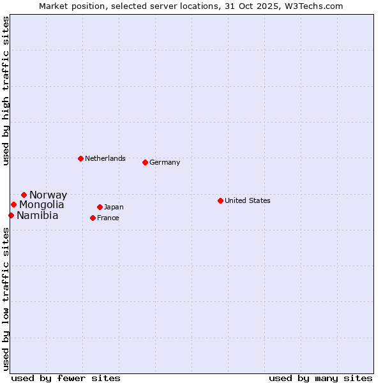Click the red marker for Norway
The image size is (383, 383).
(x=24, y=195)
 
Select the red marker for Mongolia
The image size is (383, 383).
(x=13, y=204)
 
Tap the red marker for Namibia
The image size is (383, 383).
(x=11, y=215)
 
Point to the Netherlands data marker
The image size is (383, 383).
(x=80, y=158)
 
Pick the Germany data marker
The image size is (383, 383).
(x=145, y=162)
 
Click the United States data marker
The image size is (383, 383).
(x=220, y=200)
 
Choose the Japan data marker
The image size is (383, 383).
(x=100, y=207)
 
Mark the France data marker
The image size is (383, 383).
(x=93, y=218)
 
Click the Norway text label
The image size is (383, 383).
(x=48, y=195)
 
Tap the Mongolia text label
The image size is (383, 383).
(x=41, y=205)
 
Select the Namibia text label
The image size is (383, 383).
(x=38, y=216)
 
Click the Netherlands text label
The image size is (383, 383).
(x=105, y=158)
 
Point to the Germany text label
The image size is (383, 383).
(x=165, y=162)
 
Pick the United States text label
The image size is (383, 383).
(x=248, y=200)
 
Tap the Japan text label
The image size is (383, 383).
(x=114, y=207)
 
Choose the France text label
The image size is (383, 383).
(x=108, y=218)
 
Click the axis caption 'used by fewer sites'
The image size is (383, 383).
(x=66, y=378)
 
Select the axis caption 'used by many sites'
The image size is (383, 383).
(x=320, y=378)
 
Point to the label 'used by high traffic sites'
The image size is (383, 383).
(x=6, y=91)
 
